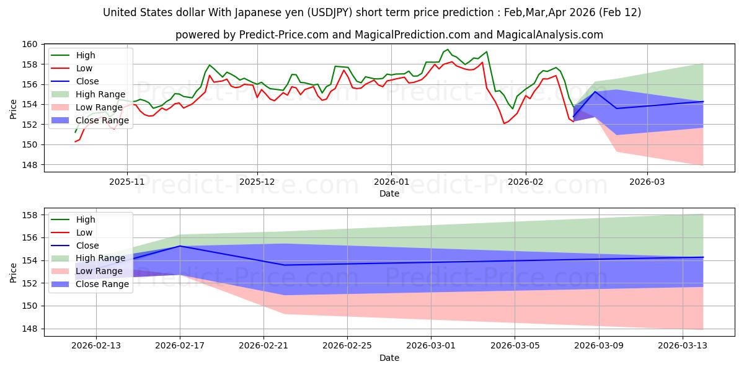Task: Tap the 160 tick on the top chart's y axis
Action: [29, 44]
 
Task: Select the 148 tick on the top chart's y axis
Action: [29, 165]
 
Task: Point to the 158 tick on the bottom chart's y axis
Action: [29, 215]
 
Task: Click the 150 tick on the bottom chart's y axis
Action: [29, 306]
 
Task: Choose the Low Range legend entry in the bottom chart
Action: [99, 271]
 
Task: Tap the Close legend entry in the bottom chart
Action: [87, 246]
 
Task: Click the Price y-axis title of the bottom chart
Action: [14, 272]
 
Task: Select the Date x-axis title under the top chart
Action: [389, 194]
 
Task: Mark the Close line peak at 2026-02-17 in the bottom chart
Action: [180, 246]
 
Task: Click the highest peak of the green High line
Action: [448, 49]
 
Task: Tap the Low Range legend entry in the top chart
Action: [99, 107]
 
